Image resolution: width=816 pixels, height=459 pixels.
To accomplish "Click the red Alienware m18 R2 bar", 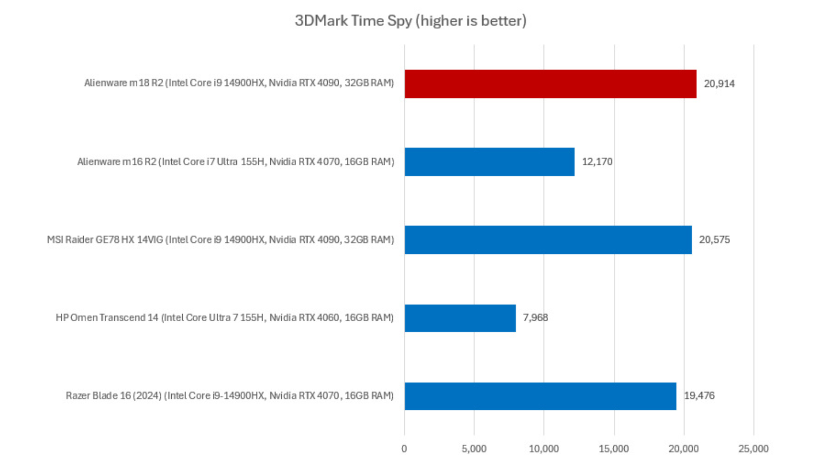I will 550,84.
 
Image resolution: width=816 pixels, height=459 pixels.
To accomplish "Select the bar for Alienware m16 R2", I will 489,162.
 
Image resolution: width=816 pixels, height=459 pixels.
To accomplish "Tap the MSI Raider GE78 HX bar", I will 548,240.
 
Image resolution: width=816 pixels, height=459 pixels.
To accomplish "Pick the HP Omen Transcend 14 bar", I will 460,318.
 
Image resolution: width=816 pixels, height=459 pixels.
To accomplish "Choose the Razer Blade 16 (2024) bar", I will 540,396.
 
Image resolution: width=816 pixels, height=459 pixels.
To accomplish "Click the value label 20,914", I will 719,84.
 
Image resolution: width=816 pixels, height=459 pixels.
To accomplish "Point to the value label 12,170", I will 597,162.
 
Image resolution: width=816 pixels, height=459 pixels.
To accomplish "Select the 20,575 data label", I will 714,240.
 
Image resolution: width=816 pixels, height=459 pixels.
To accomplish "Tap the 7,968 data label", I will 535,318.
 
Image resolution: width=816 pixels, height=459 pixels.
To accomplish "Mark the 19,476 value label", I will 699,396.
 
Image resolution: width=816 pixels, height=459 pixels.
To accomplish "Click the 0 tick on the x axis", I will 404,449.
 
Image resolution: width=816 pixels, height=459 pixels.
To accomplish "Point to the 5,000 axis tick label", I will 474,449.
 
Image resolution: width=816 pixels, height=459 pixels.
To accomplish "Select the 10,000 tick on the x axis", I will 544,449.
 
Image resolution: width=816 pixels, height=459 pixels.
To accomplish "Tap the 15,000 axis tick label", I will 614,449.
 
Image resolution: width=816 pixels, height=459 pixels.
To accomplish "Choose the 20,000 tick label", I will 683,449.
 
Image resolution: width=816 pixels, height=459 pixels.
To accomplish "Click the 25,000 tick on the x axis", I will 754,449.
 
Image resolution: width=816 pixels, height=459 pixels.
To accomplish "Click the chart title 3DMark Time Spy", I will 411,21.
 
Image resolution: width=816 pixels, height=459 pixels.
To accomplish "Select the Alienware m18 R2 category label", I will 239,83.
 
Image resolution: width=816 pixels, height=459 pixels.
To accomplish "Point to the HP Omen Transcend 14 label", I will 224,318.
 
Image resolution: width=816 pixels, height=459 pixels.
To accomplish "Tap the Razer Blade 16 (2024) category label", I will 229,396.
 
